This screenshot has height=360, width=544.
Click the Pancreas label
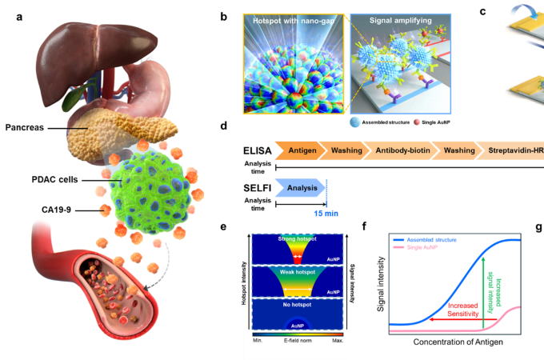pos(26,126)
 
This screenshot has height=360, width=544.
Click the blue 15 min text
pos(326,214)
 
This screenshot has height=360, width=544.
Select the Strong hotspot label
pos(298,237)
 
